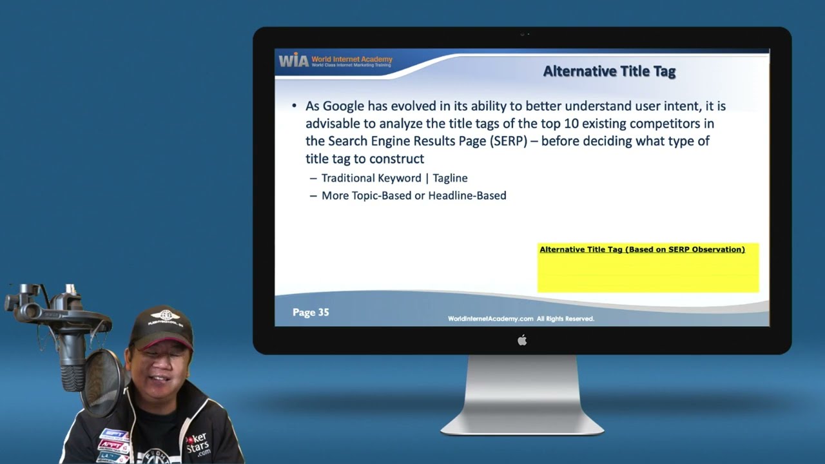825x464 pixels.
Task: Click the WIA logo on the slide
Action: [293, 60]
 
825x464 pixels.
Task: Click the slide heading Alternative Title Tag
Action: [609, 71]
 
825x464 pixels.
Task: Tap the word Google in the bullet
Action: [343, 106]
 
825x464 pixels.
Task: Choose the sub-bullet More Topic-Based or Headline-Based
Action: [414, 195]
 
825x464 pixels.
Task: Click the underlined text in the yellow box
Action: [642, 249]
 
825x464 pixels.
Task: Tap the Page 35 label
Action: [311, 312]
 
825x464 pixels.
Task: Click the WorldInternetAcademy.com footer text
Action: [490, 318]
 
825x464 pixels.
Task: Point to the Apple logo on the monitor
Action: [522, 340]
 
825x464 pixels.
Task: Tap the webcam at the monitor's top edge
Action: [522, 34]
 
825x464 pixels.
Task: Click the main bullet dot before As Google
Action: [295, 106]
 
